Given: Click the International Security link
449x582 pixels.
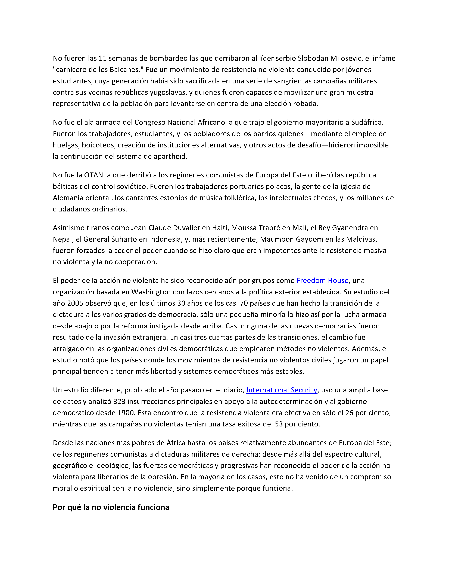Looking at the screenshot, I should point(282,390).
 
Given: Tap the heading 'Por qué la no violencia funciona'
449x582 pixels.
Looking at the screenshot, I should point(111,507).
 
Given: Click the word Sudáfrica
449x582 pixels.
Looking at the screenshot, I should point(367,123).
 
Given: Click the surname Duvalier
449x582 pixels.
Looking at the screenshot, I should point(186,228).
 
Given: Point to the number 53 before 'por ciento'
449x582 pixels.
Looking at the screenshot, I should point(279,424).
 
